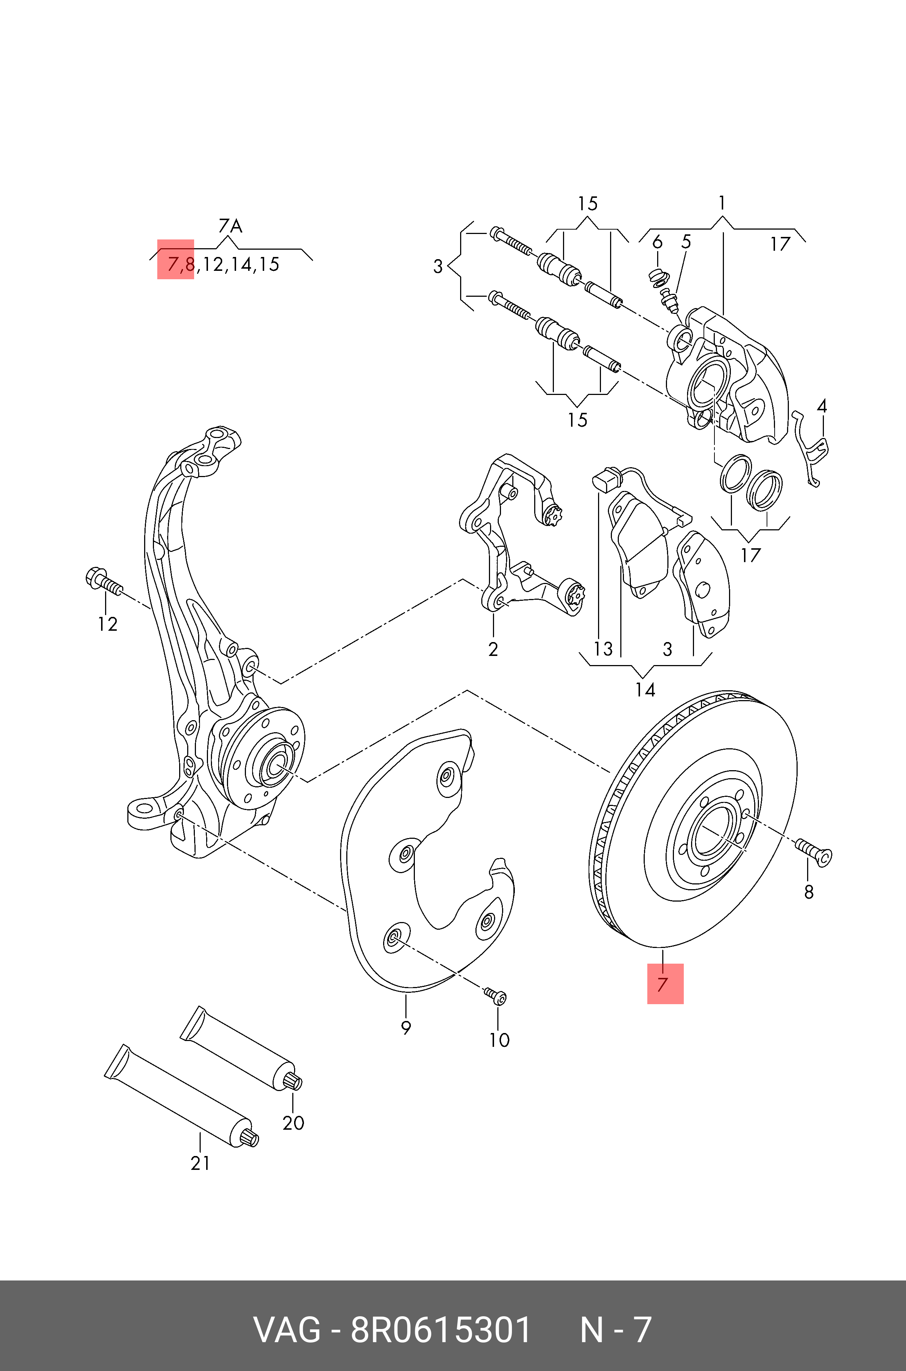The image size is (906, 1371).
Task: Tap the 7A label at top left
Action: point(230,226)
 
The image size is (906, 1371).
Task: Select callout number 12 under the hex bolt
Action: point(108,624)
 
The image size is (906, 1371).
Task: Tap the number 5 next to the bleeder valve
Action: point(686,242)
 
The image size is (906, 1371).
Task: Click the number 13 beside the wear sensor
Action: point(603,649)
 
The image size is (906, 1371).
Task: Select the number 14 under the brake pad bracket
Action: point(645,690)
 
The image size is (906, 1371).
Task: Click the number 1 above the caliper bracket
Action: point(722,203)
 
